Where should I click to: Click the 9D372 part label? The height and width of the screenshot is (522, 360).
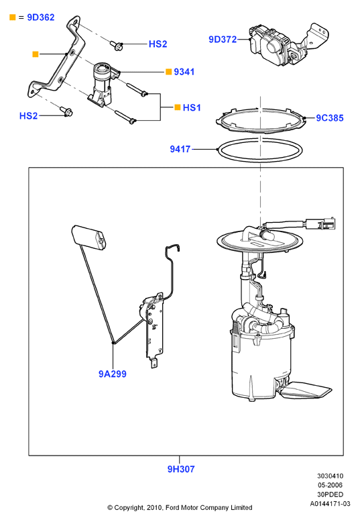tap(223, 40)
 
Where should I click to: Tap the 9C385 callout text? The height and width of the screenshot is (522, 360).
tap(329, 118)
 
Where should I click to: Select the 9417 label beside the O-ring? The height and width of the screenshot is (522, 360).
tap(180, 149)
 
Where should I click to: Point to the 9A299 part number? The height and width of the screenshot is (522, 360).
tap(113, 374)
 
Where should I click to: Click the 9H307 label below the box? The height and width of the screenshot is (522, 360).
tap(180, 469)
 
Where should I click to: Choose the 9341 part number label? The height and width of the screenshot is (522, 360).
tap(184, 72)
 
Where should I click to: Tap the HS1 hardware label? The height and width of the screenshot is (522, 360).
tap(192, 107)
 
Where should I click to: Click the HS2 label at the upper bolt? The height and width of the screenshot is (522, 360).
tap(158, 44)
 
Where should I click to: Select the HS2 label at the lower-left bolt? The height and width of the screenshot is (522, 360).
tap(28, 116)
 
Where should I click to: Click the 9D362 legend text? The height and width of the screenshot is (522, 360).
tap(41, 17)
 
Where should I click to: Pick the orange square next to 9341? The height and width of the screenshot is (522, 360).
tap(169, 72)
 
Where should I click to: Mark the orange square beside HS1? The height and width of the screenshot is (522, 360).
tap(178, 107)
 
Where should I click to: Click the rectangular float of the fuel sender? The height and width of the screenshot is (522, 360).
tap(89, 237)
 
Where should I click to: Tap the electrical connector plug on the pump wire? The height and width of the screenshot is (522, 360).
tap(320, 223)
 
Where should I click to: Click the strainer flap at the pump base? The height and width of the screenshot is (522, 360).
tap(306, 390)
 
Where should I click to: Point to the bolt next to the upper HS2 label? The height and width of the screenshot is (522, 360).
tap(117, 46)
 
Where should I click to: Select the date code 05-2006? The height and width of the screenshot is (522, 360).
tap(330, 485)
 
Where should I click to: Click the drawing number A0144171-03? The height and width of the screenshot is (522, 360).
tap(330, 504)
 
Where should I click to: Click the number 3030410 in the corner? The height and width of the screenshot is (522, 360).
tap(330, 476)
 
